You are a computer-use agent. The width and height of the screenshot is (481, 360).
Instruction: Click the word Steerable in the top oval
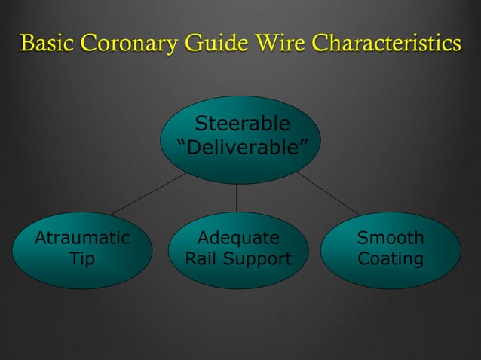click(241, 124)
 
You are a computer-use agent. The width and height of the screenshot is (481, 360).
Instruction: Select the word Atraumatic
click(82, 239)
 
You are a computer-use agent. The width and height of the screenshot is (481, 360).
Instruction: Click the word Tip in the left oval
click(82, 259)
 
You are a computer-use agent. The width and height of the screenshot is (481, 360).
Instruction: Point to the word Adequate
click(238, 239)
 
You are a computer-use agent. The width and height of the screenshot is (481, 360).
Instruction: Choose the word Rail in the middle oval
click(202, 259)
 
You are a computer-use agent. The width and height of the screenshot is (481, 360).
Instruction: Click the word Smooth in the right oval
click(391, 239)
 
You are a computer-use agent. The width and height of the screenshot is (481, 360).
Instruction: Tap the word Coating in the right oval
click(391, 259)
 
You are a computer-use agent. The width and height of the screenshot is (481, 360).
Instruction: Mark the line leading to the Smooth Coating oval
click(328, 194)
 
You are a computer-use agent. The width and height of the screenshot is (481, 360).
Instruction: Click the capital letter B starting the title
click(27, 43)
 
